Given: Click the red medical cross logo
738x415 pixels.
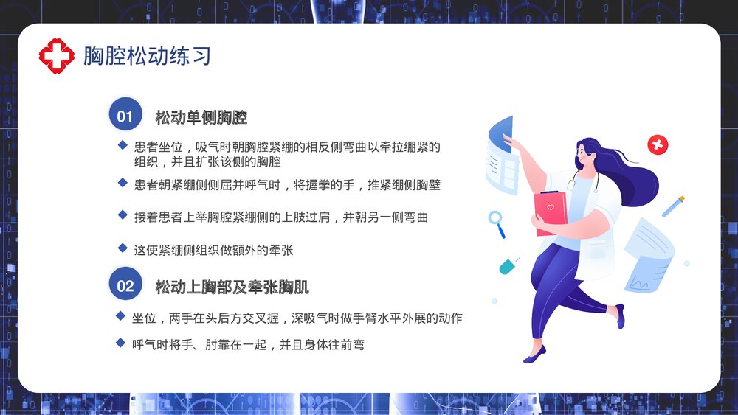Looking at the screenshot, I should [x=57, y=56].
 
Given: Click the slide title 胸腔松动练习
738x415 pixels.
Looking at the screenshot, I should [x=147, y=56].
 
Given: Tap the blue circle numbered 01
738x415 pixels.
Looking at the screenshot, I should [x=125, y=116].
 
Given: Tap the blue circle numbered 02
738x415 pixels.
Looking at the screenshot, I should [x=125, y=286].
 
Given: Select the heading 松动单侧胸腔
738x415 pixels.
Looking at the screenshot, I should [x=201, y=118].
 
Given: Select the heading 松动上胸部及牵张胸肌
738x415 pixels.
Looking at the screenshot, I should [x=232, y=287].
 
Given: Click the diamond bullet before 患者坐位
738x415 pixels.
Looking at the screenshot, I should [x=123, y=145].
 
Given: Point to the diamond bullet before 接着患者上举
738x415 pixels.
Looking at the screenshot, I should [x=123, y=215].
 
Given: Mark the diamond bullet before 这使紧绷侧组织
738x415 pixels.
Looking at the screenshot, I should [x=123, y=248].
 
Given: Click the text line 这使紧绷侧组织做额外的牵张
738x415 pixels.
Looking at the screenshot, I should [x=213, y=251].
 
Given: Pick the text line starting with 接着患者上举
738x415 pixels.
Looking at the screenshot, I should [x=280, y=217].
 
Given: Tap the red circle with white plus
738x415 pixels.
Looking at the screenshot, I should [x=657, y=144].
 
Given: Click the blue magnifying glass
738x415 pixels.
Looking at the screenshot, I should [x=497, y=222].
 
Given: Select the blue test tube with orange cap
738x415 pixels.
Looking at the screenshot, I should [x=673, y=206].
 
